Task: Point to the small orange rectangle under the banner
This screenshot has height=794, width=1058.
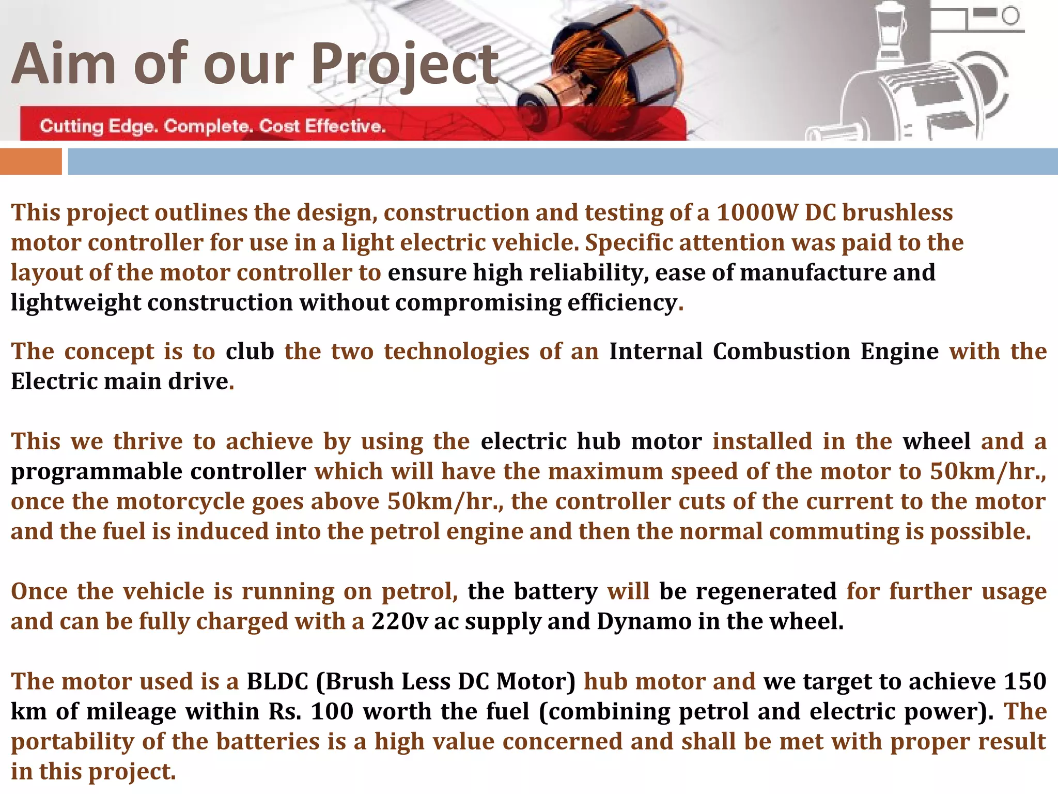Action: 30,161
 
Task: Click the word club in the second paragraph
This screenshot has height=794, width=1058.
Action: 250,352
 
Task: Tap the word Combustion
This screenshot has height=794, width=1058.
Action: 781,352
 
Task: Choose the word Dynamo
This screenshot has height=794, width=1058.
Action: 644,621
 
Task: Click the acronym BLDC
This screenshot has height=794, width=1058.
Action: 277,681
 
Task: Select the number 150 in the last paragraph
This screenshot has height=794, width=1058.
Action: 1025,681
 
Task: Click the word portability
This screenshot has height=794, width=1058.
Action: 73,741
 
